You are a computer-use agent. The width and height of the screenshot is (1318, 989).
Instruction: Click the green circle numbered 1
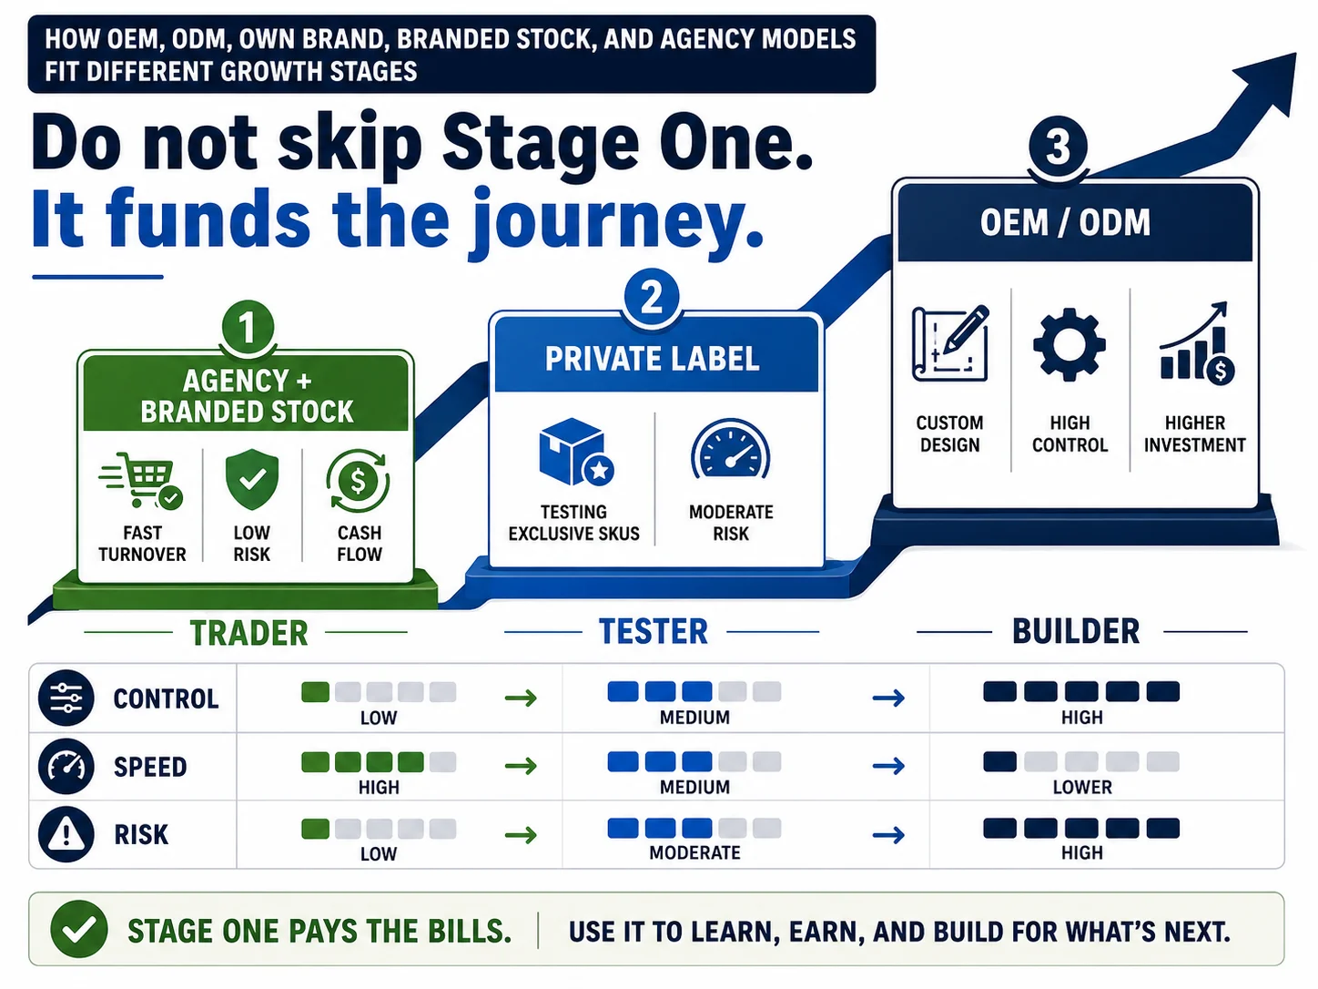(248, 328)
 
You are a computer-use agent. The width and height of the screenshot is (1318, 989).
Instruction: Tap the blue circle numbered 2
(652, 297)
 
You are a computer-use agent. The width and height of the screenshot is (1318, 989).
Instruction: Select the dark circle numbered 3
(1058, 147)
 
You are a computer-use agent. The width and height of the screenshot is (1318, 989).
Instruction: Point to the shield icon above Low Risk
(252, 480)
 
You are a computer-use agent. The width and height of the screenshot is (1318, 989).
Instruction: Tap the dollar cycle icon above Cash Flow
(359, 481)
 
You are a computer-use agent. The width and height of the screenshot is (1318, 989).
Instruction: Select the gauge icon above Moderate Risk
(731, 449)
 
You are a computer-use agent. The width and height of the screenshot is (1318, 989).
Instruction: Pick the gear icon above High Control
(1070, 344)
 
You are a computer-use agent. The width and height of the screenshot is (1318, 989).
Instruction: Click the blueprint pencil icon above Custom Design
(950, 343)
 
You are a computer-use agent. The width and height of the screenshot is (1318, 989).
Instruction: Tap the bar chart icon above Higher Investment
(1197, 343)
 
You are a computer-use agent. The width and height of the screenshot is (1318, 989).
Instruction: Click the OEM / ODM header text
(1066, 223)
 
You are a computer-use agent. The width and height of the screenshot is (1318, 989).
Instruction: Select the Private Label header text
(652, 359)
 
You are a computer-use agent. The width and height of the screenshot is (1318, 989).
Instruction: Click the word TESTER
(654, 632)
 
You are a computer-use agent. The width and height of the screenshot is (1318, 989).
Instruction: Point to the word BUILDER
(1076, 632)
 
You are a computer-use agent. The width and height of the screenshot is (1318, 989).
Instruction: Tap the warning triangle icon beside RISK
(66, 834)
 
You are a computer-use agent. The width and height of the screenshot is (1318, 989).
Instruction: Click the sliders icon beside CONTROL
(66, 698)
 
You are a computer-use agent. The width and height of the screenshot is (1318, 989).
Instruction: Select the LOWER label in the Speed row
(1082, 787)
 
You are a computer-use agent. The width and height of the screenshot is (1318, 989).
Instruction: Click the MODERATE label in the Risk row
(694, 852)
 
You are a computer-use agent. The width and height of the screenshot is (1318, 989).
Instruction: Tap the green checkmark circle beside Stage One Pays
(79, 930)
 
